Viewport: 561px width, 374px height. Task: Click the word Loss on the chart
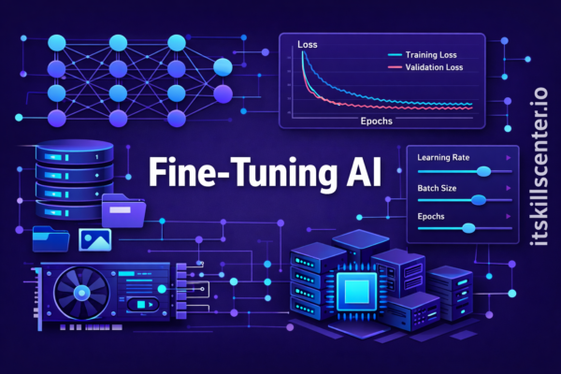308,45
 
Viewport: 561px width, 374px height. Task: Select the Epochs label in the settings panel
431,217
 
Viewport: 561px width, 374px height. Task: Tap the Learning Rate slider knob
483,171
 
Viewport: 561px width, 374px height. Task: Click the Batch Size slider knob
478,200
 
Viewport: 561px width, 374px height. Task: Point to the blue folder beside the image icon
51,238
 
